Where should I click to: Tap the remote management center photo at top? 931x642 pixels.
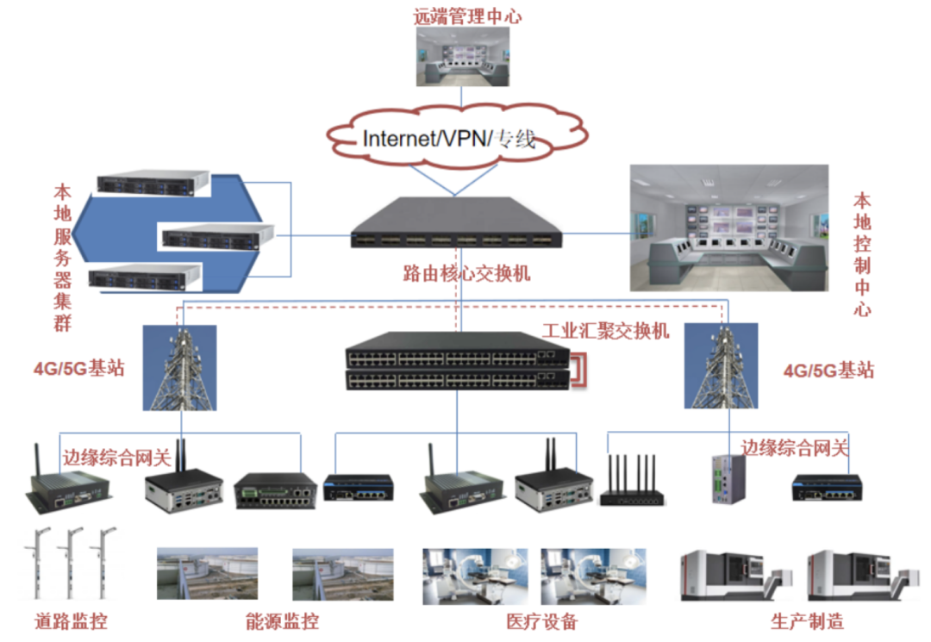466,58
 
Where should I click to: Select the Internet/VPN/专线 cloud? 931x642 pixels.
457,137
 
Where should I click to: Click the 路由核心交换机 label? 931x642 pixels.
466,274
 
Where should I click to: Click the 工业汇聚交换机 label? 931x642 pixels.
605,330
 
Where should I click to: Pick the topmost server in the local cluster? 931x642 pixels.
153,183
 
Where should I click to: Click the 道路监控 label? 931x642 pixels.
72,622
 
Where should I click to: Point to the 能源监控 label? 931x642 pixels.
282,622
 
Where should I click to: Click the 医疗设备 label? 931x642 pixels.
541,622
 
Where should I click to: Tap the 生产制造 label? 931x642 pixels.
808,622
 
